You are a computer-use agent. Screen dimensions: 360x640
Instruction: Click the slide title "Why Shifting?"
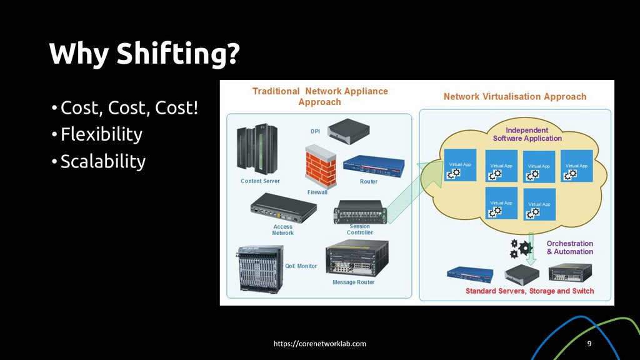[144, 54]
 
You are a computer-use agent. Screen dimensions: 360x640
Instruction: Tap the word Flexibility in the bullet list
[101, 134]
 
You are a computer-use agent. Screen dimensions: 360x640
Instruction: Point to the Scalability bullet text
[103, 162]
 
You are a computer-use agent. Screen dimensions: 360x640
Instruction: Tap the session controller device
[360, 212]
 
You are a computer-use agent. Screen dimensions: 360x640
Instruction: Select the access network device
[282, 207]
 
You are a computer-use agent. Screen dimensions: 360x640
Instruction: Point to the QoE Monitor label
[301, 266]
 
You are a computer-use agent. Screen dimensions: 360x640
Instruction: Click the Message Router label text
[354, 282]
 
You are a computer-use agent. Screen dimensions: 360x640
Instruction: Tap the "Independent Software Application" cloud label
[527, 134]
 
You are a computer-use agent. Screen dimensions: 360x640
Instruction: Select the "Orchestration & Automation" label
[569, 247]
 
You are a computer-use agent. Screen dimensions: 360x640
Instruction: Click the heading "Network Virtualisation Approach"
[514, 97]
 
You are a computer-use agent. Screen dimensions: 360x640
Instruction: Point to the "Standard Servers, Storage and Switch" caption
[529, 291]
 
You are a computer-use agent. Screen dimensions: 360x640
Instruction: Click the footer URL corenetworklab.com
[321, 344]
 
